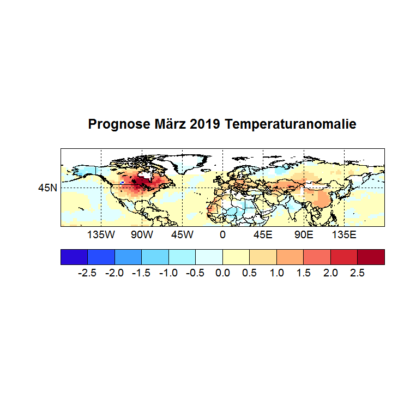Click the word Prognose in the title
coord(115,125)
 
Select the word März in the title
coord(166,124)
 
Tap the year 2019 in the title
coord(206,124)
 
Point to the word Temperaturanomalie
coord(291,125)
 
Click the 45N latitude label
coord(47,188)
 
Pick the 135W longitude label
coord(101,235)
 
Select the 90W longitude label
coord(141,235)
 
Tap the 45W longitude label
coord(182,235)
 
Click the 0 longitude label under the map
coord(222,235)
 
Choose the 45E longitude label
coord(263,235)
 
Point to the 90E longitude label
coord(304,235)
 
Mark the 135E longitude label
coord(344,235)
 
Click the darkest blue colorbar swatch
coord(74,257)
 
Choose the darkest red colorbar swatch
coord(371,257)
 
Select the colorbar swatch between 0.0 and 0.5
coord(236,257)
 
